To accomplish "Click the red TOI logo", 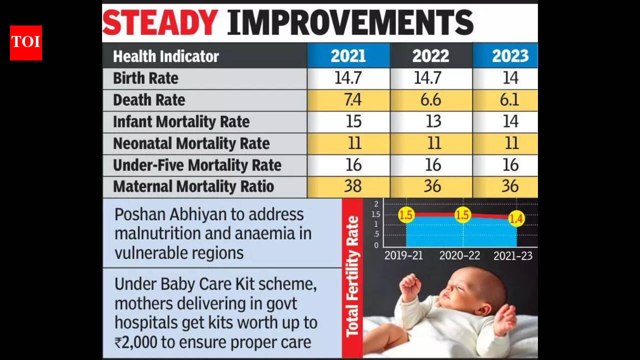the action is coord(26,43).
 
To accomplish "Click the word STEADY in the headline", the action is coord(160,23).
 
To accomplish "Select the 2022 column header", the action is coord(430,56).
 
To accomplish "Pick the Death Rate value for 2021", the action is coord(353,100).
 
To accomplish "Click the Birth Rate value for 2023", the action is coord(510,78).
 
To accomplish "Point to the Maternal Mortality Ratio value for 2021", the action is coord(353,186).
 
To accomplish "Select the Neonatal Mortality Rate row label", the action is coord(191,143).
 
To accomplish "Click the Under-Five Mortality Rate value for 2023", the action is coord(510,165).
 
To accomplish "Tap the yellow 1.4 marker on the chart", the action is coord(516,218).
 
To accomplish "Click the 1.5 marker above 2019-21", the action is coord(406,214).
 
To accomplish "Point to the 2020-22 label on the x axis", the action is coord(459,255).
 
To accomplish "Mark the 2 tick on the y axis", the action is coord(376,204).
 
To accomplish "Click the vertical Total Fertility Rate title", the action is coord(352,276).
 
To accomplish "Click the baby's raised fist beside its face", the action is coord(411,286).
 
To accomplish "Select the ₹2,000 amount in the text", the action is coord(136,342).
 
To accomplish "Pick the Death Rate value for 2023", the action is coord(509,100).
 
